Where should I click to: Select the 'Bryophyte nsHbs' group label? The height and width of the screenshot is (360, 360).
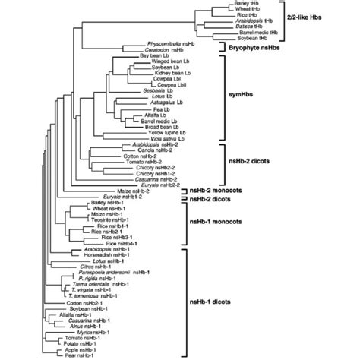pos(259,47)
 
